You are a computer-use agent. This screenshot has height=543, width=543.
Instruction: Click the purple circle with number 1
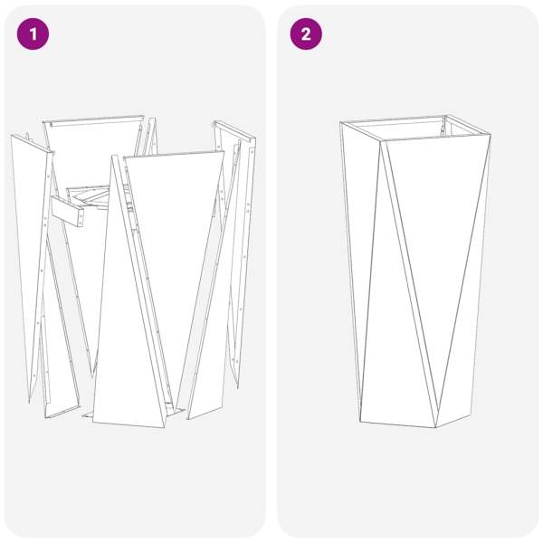tap(33, 34)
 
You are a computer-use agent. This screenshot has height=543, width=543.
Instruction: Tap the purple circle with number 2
tap(306, 34)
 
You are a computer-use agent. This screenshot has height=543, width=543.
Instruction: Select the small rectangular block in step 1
tap(68, 211)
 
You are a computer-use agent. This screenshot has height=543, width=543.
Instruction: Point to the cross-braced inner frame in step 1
tap(90, 198)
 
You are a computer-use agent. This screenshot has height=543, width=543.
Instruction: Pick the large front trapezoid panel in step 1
tap(173, 243)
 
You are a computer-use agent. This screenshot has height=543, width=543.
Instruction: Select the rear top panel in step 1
tap(93, 146)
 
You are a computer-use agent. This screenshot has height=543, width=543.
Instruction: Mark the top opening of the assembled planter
tap(415, 129)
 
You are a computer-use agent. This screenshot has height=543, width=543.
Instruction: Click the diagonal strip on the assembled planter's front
tap(409, 284)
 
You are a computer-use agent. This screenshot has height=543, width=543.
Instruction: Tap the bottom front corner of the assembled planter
tap(435, 427)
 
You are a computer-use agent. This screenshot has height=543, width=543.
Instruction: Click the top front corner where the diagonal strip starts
tap(382, 140)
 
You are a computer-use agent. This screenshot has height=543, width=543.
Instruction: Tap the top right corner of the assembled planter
tap(490, 135)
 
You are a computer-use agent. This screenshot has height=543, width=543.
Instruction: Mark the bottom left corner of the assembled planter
tap(360, 422)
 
